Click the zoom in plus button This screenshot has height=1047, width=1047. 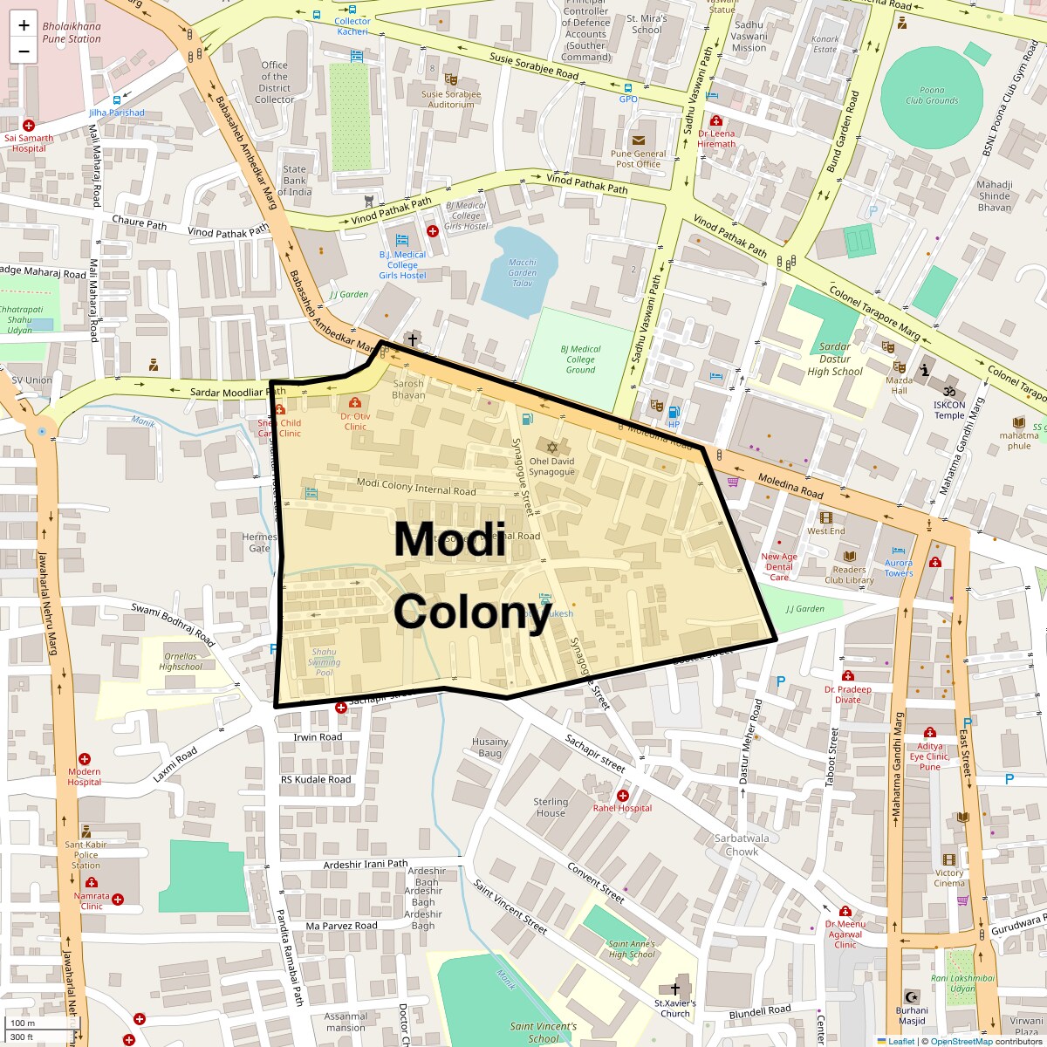(24, 25)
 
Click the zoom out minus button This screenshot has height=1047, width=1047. (24, 51)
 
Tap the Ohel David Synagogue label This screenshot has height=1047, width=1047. (551, 467)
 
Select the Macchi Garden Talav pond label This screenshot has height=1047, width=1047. (522, 272)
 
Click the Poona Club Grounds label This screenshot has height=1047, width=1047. (931, 95)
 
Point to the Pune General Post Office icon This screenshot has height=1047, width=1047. (639, 140)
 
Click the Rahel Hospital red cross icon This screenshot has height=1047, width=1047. (623, 795)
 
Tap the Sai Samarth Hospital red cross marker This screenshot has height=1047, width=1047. (29, 126)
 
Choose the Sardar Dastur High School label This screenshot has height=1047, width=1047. (834, 359)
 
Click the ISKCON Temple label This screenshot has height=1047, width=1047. (949, 409)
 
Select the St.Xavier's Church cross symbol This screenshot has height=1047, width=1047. (674, 989)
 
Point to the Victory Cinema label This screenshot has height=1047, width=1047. (949, 878)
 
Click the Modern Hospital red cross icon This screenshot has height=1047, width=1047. (85, 759)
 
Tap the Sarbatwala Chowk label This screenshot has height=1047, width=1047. (742, 845)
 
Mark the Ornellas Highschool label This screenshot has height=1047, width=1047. (181, 661)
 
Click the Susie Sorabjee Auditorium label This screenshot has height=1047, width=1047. (451, 99)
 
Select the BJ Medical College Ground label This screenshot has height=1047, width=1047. (580, 359)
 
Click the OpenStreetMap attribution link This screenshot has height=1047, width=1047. (961, 1041)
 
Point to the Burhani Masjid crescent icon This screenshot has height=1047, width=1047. (912, 996)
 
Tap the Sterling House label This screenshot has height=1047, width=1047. (551, 807)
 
